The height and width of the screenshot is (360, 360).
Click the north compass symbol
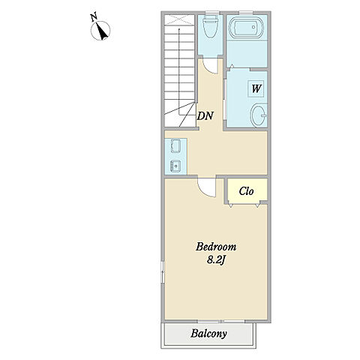click(100, 31)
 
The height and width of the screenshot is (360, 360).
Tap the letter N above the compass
click(94, 17)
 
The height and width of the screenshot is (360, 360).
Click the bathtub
click(245, 27)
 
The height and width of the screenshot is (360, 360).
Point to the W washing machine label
click(256, 88)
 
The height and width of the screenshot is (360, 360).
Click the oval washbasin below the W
click(259, 115)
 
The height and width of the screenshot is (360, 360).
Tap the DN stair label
click(205, 115)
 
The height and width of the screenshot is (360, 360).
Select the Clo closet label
click(246, 191)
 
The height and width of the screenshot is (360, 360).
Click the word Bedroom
click(216, 247)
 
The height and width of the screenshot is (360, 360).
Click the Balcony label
click(208, 333)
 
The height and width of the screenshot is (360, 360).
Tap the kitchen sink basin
click(175, 166)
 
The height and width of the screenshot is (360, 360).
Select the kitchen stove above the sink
click(175, 146)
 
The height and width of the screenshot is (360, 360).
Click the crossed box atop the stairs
click(179, 19)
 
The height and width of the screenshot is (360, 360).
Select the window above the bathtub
click(246, 13)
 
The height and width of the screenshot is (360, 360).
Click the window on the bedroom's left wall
click(163, 272)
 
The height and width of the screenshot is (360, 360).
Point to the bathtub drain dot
click(254, 27)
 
